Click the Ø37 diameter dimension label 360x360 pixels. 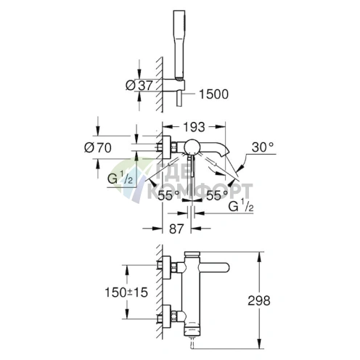click(x=139, y=85)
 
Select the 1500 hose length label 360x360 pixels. click(x=213, y=94)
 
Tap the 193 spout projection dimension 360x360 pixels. click(x=194, y=127)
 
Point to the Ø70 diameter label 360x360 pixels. click(x=98, y=147)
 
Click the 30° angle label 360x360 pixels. click(x=263, y=147)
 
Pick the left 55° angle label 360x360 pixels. click(x=168, y=195)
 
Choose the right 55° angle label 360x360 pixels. click(x=217, y=195)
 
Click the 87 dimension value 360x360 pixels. click(x=176, y=229)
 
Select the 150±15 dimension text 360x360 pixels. click(x=126, y=292)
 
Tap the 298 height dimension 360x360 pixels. click(x=259, y=300)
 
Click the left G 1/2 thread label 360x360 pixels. click(x=120, y=179)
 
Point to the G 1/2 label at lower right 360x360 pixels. click(x=241, y=206)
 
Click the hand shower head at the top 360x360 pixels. click(x=179, y=45)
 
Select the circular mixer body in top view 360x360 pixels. click(x=192, y=147)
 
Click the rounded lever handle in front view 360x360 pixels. click(x=213, y=267)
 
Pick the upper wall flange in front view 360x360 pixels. click(x=166, y=267)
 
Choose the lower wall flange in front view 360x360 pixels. click(x=166, y=317)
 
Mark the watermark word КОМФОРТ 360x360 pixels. click(x=200, y=191)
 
